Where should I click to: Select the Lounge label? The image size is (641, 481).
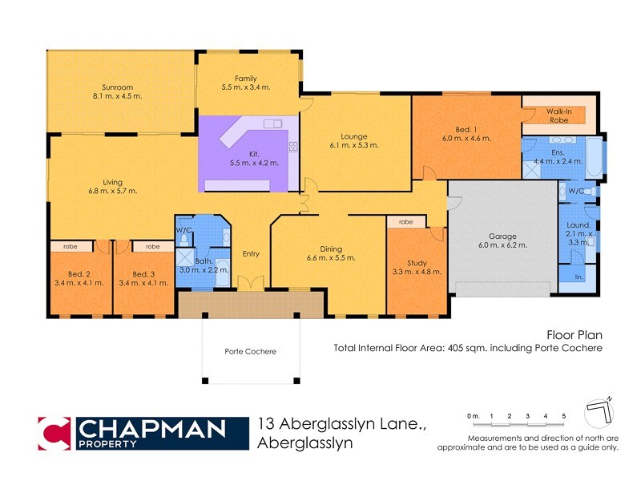pos(353,136)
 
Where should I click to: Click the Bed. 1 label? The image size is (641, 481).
pos(466,129)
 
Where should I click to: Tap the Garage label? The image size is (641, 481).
pos(502,236)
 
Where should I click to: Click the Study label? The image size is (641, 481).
pos(417,262)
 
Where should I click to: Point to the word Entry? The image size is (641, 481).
pos(251,254)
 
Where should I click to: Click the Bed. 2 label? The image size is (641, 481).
pos(80,273)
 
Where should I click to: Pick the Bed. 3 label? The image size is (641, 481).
pos(143,273)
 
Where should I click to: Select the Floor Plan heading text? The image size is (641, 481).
pos(574,335)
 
